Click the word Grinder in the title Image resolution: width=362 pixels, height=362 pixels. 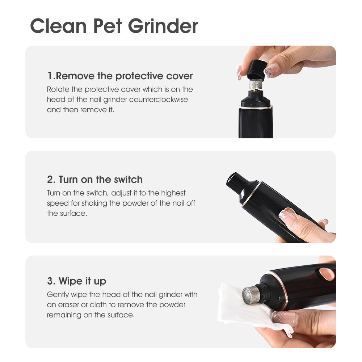coord(163,26)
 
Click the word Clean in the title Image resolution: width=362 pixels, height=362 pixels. coord(58,26)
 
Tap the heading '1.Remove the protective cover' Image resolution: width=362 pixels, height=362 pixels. coord(120,76)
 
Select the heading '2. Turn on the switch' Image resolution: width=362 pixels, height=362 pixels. coord(95,180)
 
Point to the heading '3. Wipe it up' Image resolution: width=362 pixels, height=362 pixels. coord(77,281)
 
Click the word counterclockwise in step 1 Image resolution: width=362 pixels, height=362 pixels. coord(159,100)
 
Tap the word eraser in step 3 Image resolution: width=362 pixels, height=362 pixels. coord(68,305)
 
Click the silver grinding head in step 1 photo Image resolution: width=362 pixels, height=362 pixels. coord(256,84)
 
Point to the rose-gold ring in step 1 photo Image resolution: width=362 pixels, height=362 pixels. coord(256,108)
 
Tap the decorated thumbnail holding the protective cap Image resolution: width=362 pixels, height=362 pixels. coord(271,70)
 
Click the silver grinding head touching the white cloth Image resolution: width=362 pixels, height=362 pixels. coord(251,294)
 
